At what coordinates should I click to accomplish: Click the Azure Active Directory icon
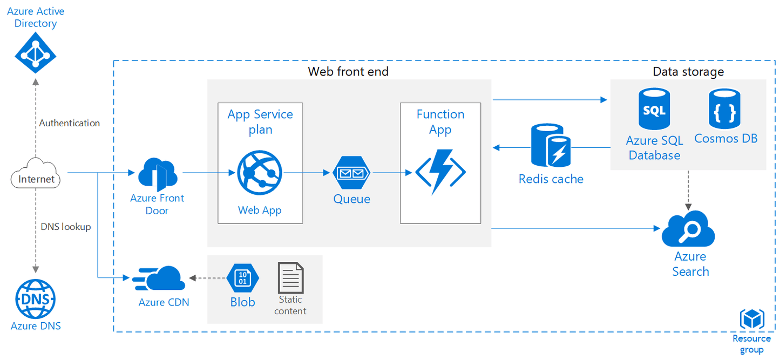pos(35,52)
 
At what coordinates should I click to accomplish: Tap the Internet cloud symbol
pos(36,174)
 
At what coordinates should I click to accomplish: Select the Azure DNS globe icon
pos(36,298)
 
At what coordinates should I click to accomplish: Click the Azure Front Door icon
pos(158,173)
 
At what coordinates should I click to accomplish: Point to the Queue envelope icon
pos(351,173)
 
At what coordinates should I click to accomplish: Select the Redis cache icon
pos(551,145)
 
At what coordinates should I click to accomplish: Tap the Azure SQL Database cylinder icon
pos(654,111)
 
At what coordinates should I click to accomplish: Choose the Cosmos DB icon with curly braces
pos(724,110)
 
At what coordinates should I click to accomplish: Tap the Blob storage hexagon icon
pos(243,279)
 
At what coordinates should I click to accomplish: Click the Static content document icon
pos(290,277)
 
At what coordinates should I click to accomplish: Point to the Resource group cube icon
pos(752,320)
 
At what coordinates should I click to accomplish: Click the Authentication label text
pos(69,123)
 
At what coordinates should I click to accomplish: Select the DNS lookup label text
pos(66,227)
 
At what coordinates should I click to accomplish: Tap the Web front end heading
pos(348,71)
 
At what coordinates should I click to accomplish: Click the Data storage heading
pos(688,71)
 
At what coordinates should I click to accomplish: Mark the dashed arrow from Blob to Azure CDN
pos(208,279)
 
